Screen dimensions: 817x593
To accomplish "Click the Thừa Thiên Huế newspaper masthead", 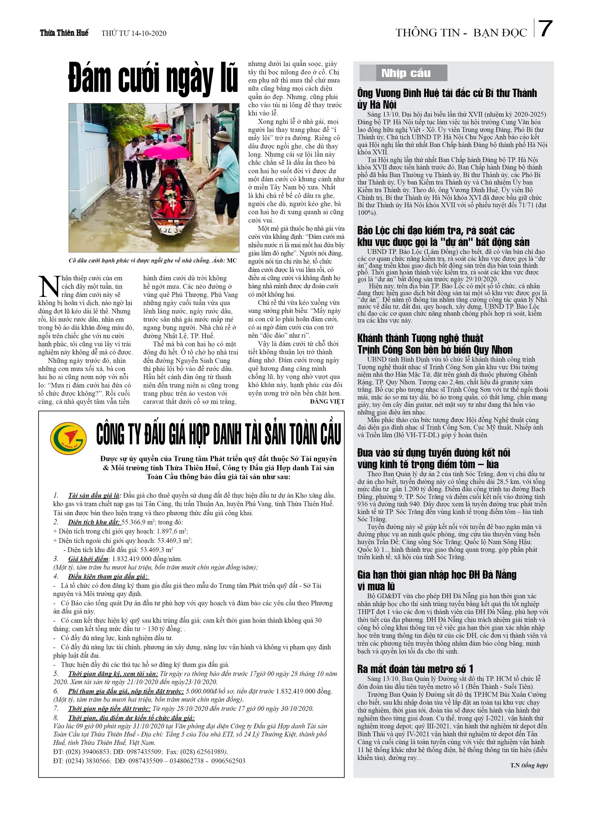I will (64, 33).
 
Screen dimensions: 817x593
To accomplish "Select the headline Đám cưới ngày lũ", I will (153, 78).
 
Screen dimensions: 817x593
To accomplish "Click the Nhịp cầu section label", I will (406, 73).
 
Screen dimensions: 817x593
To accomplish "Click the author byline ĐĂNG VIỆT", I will (327, 401).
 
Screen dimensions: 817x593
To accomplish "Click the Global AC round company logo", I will (68, 438).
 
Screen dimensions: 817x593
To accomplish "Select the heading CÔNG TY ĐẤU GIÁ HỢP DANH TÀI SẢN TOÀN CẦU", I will (218, 434).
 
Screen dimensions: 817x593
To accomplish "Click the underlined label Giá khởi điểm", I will (88, 559).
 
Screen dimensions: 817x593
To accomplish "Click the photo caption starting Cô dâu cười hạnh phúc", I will (153, 261).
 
